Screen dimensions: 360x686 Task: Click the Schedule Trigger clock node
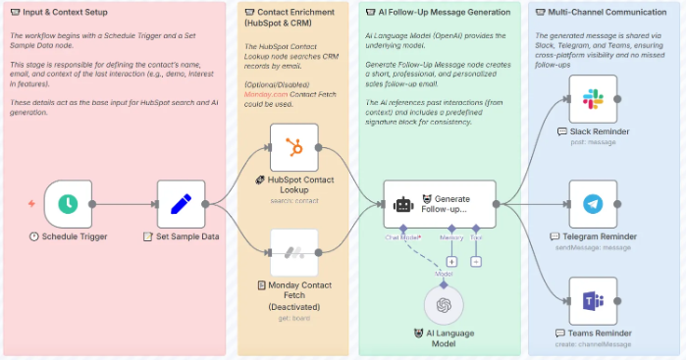pos(68,204)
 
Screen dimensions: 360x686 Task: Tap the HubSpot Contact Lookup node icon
pos(292,147)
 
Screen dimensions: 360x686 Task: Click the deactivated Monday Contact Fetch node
pos(292,252)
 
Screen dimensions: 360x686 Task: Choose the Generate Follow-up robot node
pos(439,204)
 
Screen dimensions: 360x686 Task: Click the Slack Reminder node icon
pos(593,99)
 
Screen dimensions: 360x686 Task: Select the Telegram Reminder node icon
pos(593,204)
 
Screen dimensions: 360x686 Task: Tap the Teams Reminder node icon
pos(593,300)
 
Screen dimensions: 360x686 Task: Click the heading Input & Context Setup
pos(60,13)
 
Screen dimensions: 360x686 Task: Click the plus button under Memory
pos(451,262)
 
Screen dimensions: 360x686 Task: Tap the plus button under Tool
pos(476,262)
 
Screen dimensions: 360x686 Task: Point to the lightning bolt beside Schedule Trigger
pos(31,204)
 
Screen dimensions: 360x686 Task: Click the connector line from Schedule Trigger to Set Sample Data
pos(124,204)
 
